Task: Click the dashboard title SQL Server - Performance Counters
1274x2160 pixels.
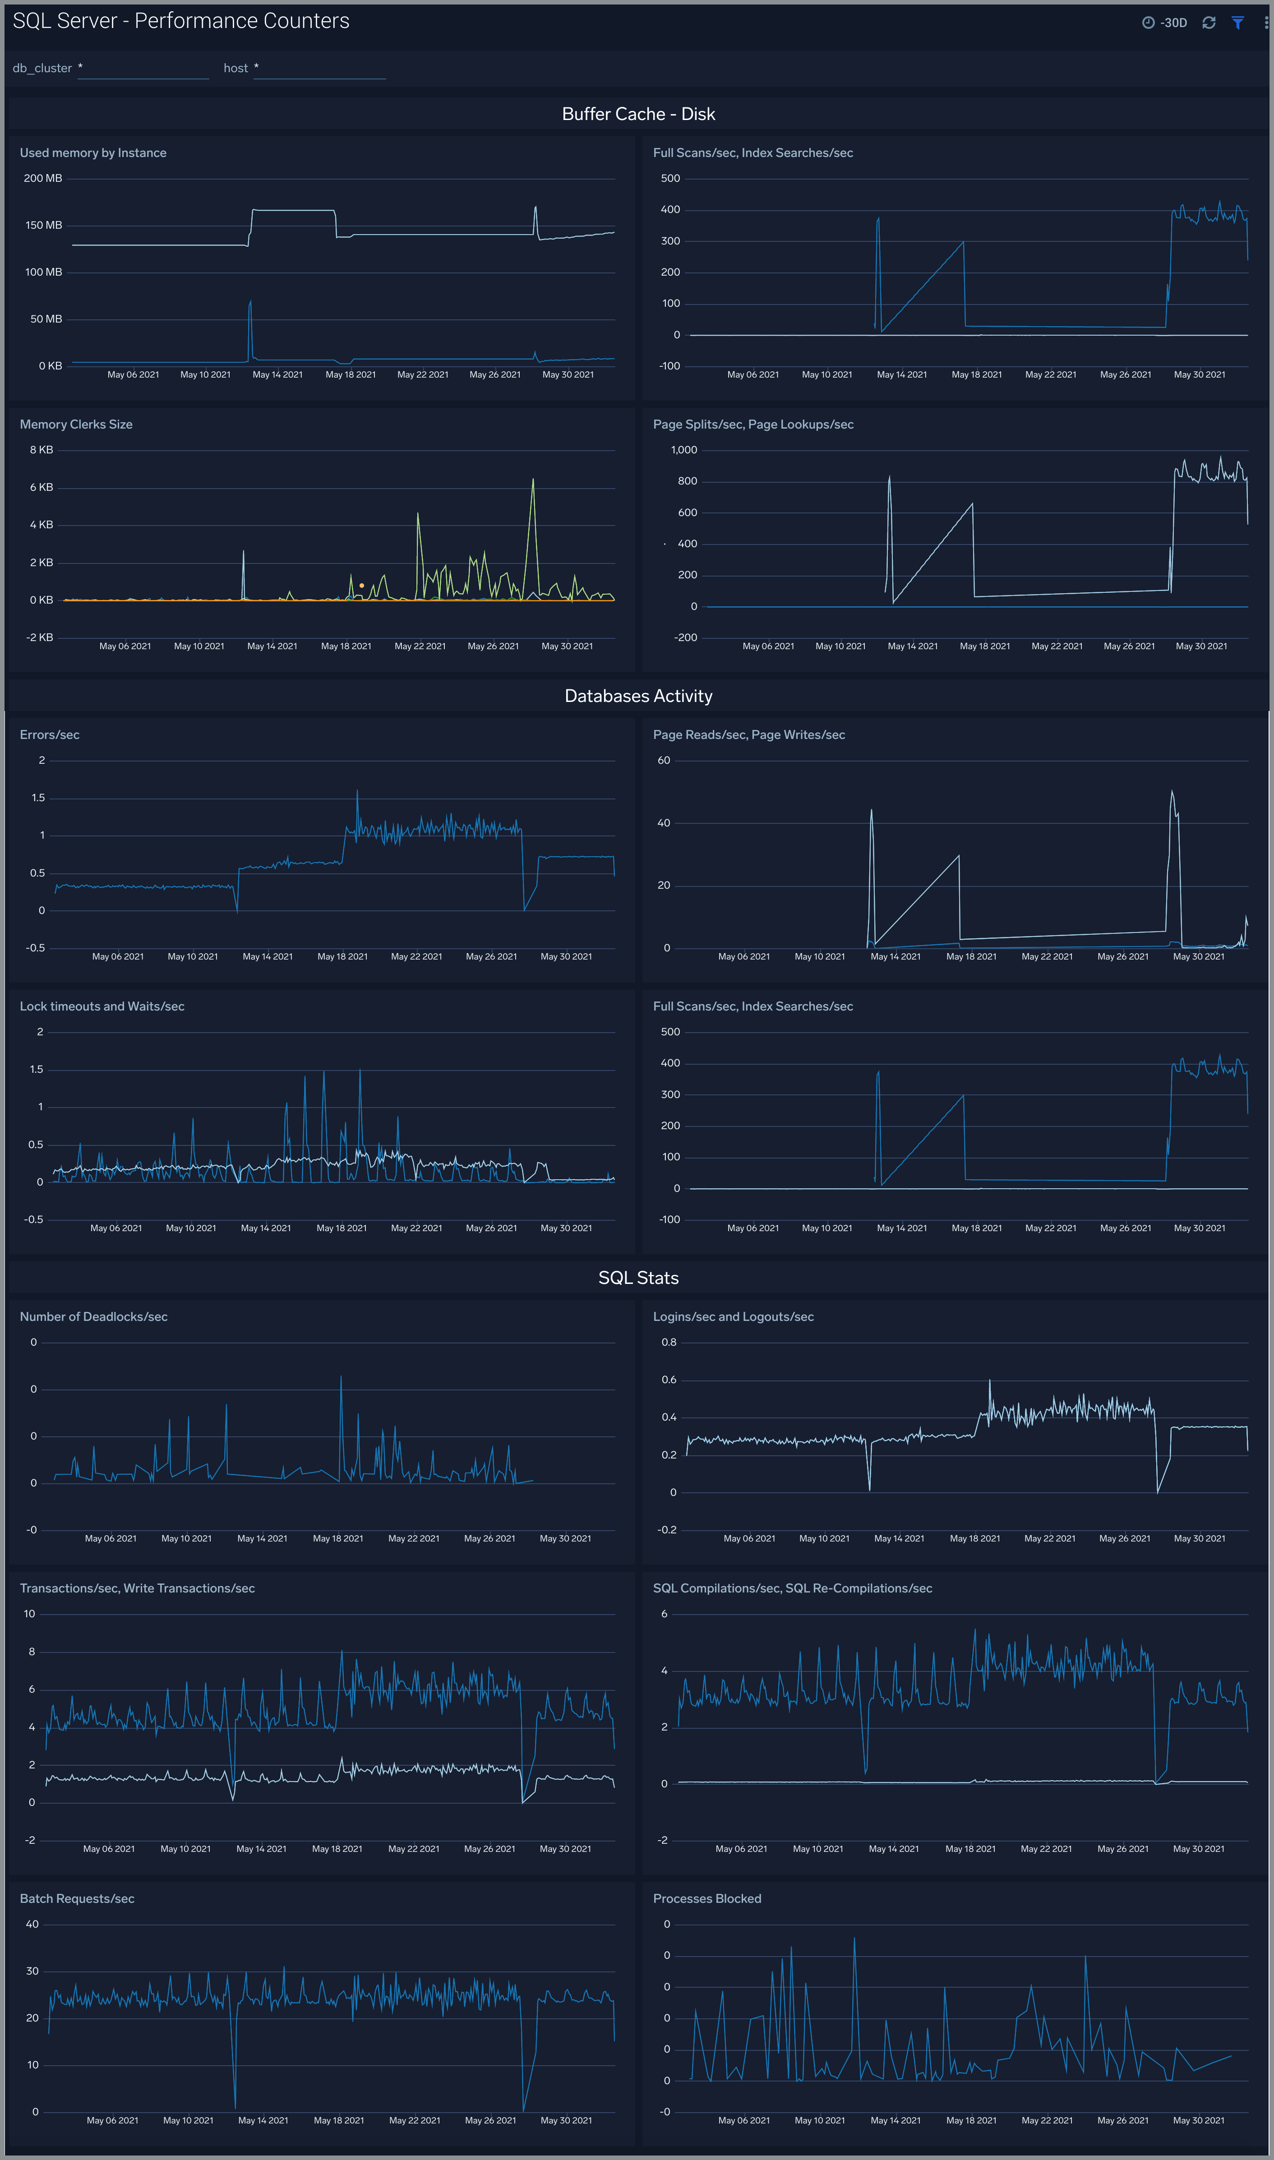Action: pos(181,22)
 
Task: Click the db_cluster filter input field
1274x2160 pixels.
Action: pos(143,69)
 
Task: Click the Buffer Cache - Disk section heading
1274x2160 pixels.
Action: pos(638,114)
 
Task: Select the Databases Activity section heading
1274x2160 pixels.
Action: pos(638,696)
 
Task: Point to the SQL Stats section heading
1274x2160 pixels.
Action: pos(638,1278)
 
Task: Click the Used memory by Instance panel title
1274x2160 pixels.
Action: pos(93,153)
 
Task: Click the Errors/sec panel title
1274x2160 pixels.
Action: pos(50,735)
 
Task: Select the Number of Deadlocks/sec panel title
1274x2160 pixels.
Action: pos(93,1317)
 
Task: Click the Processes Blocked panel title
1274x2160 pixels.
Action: pos(706,1899)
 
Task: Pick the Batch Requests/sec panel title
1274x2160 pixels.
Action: pos(77,1899)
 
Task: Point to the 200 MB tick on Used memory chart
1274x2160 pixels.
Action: pos(43,179)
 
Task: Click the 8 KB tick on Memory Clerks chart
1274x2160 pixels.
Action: pos(41,450)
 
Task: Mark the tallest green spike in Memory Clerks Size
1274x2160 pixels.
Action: pos(533,481)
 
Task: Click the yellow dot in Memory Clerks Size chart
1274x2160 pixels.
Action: pos(361,586)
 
